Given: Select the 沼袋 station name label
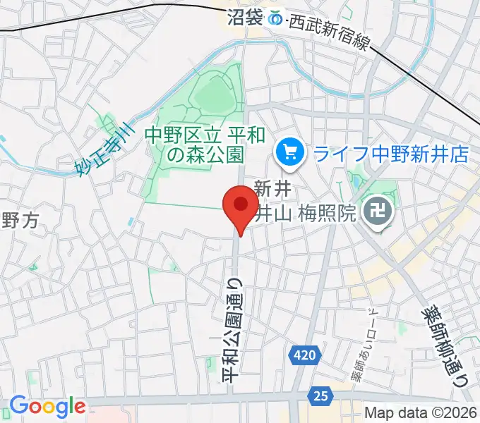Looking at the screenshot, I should [x=246, y=17].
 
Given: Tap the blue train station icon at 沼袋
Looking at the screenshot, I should [x=277, y=18].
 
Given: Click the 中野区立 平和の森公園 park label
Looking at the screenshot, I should [x=194, y=144].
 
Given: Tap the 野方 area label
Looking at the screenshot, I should [x=19, y=221].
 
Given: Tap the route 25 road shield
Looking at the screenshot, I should [x=321, y=396].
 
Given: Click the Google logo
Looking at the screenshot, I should [x=47, y=406].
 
